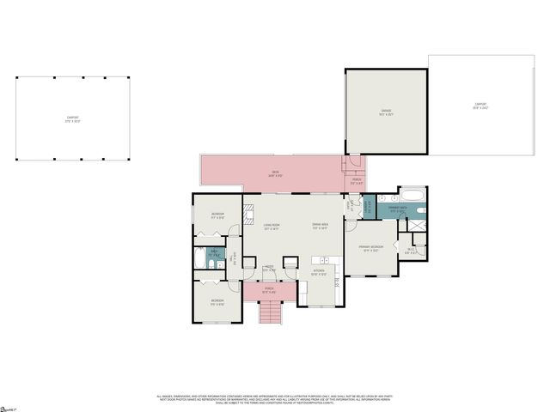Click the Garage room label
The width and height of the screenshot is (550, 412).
point(386,112)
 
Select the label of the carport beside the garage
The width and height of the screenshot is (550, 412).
point(480,106)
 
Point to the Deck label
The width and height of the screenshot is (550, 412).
point(275,174)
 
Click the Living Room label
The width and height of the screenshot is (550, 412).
point(272,227)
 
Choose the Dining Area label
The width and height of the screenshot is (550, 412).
point(321,227)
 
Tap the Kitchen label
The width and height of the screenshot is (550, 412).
point(318,272)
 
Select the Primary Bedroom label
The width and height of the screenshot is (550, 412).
point(370,250)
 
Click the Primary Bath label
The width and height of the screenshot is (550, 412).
point(396,209)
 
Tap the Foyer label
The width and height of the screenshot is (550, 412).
point(269,268)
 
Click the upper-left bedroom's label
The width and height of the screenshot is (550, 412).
point(217,217)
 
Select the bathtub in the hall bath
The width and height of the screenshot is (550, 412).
point(199,257)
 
